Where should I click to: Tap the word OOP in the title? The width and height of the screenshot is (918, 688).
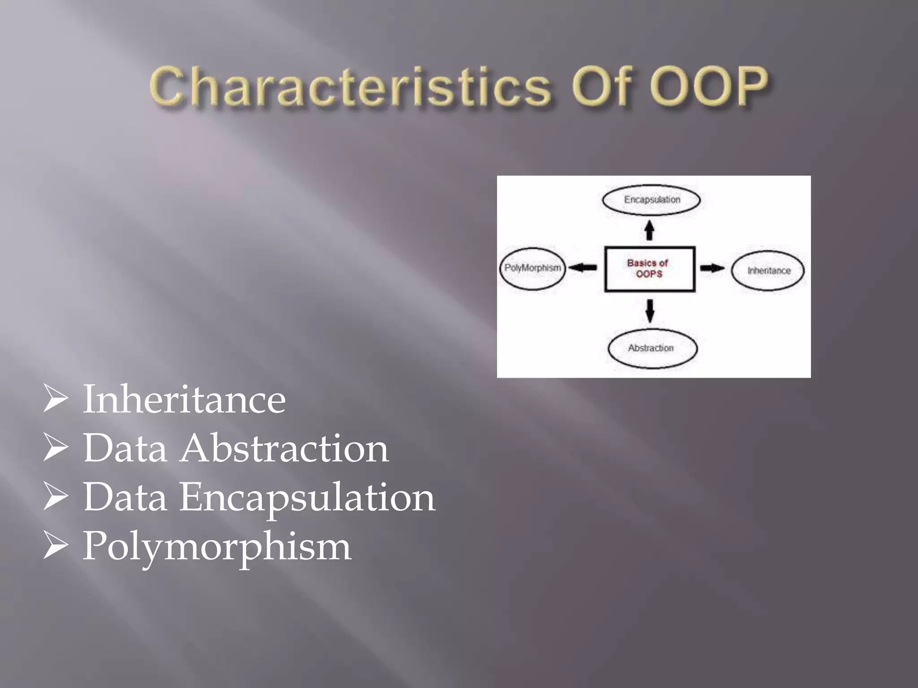click(708, 85)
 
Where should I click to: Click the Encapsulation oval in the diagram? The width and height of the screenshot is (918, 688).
click(651, 200)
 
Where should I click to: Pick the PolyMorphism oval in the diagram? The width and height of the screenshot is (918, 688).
click(533, 268)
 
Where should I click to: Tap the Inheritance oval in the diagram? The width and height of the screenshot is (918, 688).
click(768, 271)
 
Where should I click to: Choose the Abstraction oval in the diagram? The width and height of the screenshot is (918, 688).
click(652, 348)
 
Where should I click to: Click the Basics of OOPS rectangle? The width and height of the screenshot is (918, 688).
click(650, 269)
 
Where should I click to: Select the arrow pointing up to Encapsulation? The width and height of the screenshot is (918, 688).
click(649, 230)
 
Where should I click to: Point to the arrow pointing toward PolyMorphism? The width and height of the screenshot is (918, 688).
click(583, 268)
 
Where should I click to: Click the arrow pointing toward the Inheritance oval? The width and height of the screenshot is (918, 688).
click(712, 268)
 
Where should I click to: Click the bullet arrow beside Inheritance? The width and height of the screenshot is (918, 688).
click(56, 399)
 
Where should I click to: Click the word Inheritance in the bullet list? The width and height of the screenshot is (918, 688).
click(184, 399)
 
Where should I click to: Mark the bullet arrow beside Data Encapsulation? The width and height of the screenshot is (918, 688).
click(56, 497)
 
